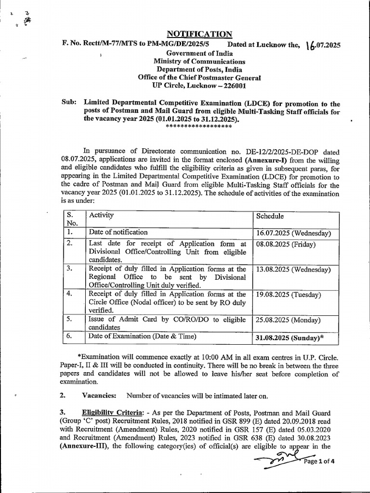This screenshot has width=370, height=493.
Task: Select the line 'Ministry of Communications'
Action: (199, 61)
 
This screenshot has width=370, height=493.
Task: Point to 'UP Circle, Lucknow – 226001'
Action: (199, 86)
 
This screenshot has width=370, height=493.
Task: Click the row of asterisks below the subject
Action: (198, 126)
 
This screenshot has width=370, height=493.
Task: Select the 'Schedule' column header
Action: (270, 217)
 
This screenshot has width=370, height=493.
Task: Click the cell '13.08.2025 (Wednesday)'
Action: (293, 269)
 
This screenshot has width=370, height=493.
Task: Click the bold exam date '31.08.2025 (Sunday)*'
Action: (290, 338)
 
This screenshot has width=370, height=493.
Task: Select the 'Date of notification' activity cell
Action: (118, 233)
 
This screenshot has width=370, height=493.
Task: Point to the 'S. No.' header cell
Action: (72, 219)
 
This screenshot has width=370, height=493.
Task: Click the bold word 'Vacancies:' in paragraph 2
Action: (99, 395)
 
